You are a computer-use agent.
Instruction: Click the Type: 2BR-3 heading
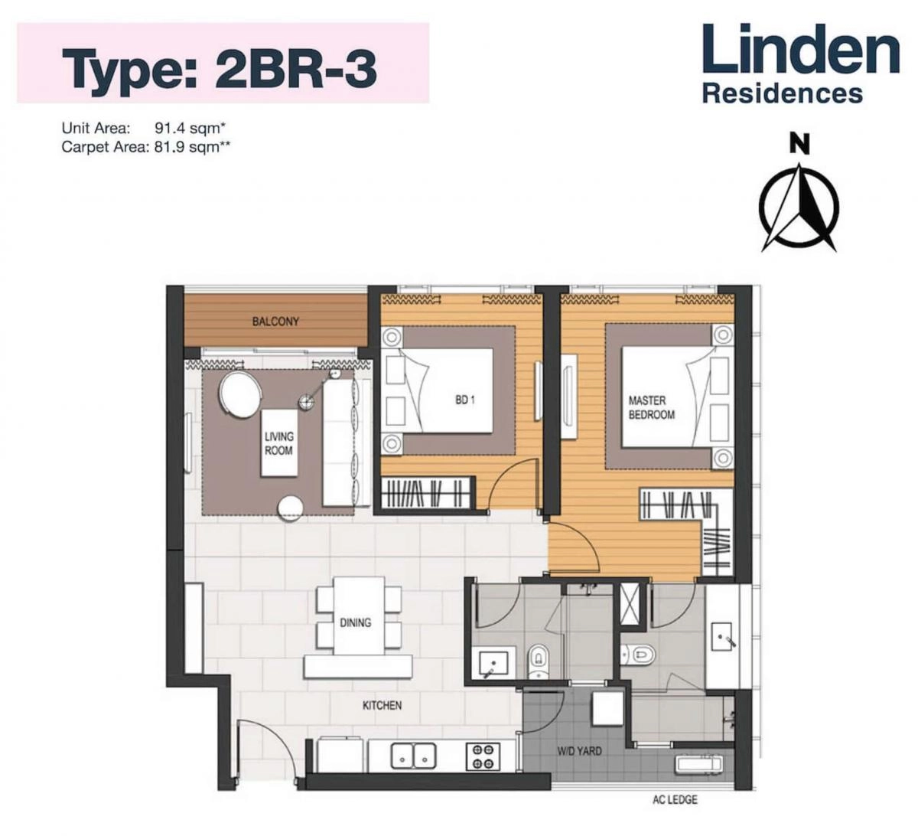tap(219, 66)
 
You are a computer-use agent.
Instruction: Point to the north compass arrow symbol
tap(799, 207)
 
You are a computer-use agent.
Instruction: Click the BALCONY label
tap(275, 322)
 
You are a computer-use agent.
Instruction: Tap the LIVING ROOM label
tap(279, 443)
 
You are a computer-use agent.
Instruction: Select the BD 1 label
tap(464, 400)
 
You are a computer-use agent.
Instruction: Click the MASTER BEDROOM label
tap(651, 407)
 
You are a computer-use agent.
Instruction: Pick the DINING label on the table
tap(356, 622)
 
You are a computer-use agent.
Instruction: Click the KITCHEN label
tap(382, 705)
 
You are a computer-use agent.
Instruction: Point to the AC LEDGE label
tap(674, 800)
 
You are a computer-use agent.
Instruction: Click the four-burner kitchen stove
tap(483, 756)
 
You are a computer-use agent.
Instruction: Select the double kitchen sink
tap(413, 756)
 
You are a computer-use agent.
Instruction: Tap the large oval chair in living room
tap(240, 395)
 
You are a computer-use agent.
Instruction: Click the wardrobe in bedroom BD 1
tap(425, 492)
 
